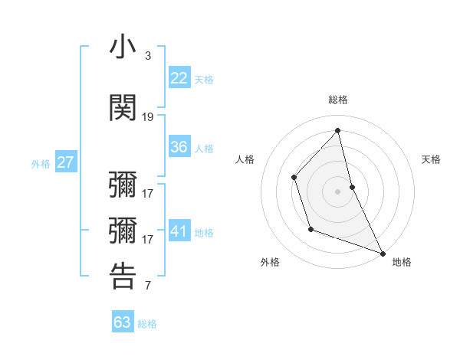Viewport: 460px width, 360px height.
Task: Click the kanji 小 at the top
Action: [x=123, y=47]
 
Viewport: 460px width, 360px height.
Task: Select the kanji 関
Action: [x=123, y=107]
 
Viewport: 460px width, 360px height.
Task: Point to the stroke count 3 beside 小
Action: [x=147, y=56]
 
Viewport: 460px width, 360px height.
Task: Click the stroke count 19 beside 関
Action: [x=148, y=117]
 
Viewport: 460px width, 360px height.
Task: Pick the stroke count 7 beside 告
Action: [x=147, y=286]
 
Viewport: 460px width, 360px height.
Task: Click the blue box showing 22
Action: [x=179, y=77]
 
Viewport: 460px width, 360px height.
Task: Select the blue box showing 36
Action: [x=179, y=147]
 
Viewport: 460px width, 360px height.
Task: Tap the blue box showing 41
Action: [x=179, y=231]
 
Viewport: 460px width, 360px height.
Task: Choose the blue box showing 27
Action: [x=66, y=162]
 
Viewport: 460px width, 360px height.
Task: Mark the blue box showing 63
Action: [x=123, y=322]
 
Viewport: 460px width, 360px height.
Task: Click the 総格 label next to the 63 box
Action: [x=147, y=324]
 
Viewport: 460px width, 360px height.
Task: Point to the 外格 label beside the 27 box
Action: [x=41, y=164]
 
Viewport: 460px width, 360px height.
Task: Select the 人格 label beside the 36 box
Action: [x=204, y=149]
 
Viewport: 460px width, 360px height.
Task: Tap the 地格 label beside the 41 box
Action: [x=204, y=233]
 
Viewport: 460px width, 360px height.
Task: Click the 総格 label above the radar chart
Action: [x=337, y=100]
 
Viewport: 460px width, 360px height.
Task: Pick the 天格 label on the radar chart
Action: [x=431, y=159]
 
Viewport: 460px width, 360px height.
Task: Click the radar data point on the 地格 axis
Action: [x=383, y=253]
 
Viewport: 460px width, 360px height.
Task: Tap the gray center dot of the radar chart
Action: [x=337, y=191]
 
